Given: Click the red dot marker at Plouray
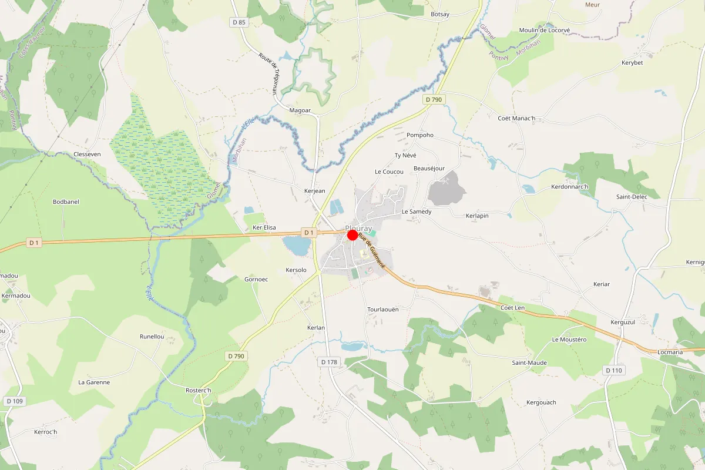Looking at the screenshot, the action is coord(352,235).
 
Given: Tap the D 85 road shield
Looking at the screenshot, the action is coord(239,22).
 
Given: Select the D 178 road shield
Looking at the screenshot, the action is coord(330,362).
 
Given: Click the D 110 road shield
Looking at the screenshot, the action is coord(615,370).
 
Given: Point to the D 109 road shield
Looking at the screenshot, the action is coord(15,401).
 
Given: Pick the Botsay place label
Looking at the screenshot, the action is coord(440,14).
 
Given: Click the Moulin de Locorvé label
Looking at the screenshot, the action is coord(545,30).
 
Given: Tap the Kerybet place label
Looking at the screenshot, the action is coord(632,62).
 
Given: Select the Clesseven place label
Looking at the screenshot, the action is coord(88,154).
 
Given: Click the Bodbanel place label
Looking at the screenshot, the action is coord(66,202).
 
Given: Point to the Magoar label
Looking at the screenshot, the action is coord(300,110).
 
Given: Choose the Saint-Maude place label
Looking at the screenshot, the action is coord(529,362).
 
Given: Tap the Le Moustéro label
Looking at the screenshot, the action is coord(569,340).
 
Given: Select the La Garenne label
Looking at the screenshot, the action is coord(94,382).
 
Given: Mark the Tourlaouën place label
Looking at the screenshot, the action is coord(382,309).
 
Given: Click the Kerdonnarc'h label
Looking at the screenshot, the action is coord(570,187).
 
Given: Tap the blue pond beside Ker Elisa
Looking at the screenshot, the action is coord(296,246).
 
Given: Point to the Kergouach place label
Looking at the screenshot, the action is coord(541,402).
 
